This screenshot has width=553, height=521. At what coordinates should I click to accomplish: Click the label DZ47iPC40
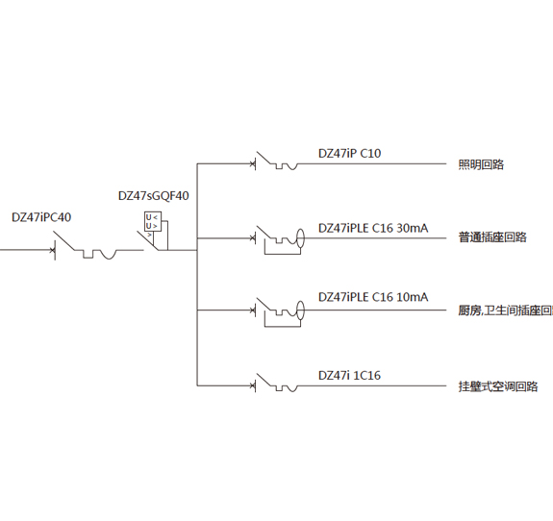point(41,217)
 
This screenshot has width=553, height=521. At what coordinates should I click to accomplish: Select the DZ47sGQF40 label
point(154,196)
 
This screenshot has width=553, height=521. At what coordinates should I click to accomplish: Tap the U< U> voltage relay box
point(153,221)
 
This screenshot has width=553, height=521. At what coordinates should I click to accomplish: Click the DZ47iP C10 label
point(349,154)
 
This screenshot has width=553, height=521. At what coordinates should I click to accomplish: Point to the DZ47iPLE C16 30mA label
point(373,228)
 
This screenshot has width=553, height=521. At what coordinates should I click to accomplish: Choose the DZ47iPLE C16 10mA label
point(373,297)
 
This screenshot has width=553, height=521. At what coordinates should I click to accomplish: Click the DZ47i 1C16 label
point(349,375)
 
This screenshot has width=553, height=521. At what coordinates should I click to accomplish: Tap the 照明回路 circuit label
point(481,164)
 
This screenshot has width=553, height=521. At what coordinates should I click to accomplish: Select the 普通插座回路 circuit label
point(492,236)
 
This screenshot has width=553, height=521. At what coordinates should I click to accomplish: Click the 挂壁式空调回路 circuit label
point(498,386)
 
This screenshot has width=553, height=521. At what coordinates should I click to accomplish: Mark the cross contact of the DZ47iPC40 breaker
point(52,250)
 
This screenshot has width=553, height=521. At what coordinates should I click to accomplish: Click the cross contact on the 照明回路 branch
point(253,164)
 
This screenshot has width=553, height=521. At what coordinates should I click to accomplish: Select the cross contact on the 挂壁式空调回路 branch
point(253,385)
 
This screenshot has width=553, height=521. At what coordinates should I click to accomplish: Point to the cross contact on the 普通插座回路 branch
point(253,238)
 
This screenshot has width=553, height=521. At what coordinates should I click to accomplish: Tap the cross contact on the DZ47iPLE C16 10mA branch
point(253,310)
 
